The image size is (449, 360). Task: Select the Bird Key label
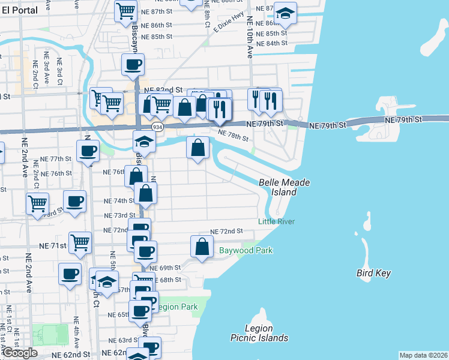(x=373, y=274)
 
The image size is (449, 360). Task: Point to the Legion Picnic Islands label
(x=259, y=333)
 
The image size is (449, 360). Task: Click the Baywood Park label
(x=246, y=250)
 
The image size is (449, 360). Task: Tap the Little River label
(x=276, y=221)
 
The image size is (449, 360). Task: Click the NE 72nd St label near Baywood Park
(x=226, y=231)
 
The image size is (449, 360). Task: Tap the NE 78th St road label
(x=232, y=137)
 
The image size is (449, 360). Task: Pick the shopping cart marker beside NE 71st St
(x=80, y=242)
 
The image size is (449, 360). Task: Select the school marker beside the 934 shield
(x=144, y=142)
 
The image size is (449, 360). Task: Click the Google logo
(x=20, y=353)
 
